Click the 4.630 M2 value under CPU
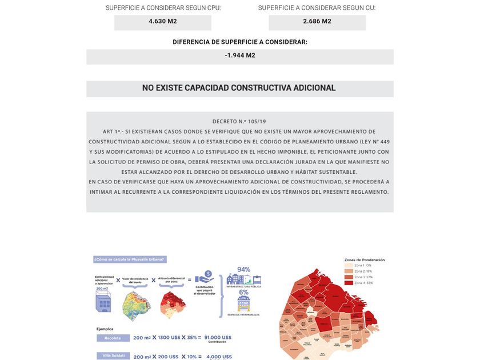tap(163, 22)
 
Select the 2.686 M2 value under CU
tap(317, 22)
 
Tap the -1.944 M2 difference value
tap(240, 56)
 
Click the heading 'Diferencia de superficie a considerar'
tap(240, 42)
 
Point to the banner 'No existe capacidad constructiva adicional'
tap(239, 89)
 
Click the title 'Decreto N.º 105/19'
tap(239, 122)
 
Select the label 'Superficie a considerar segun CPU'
tap(163, 8)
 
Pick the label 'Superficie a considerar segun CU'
tap(317, 8)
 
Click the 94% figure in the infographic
tap(244, 270)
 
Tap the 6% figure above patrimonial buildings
tap(244, 292)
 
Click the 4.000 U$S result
tap(219, 357)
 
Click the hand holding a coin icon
tap(206, 276)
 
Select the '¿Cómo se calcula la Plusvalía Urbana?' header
tap(130, 259)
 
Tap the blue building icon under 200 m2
tap(103, 303)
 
